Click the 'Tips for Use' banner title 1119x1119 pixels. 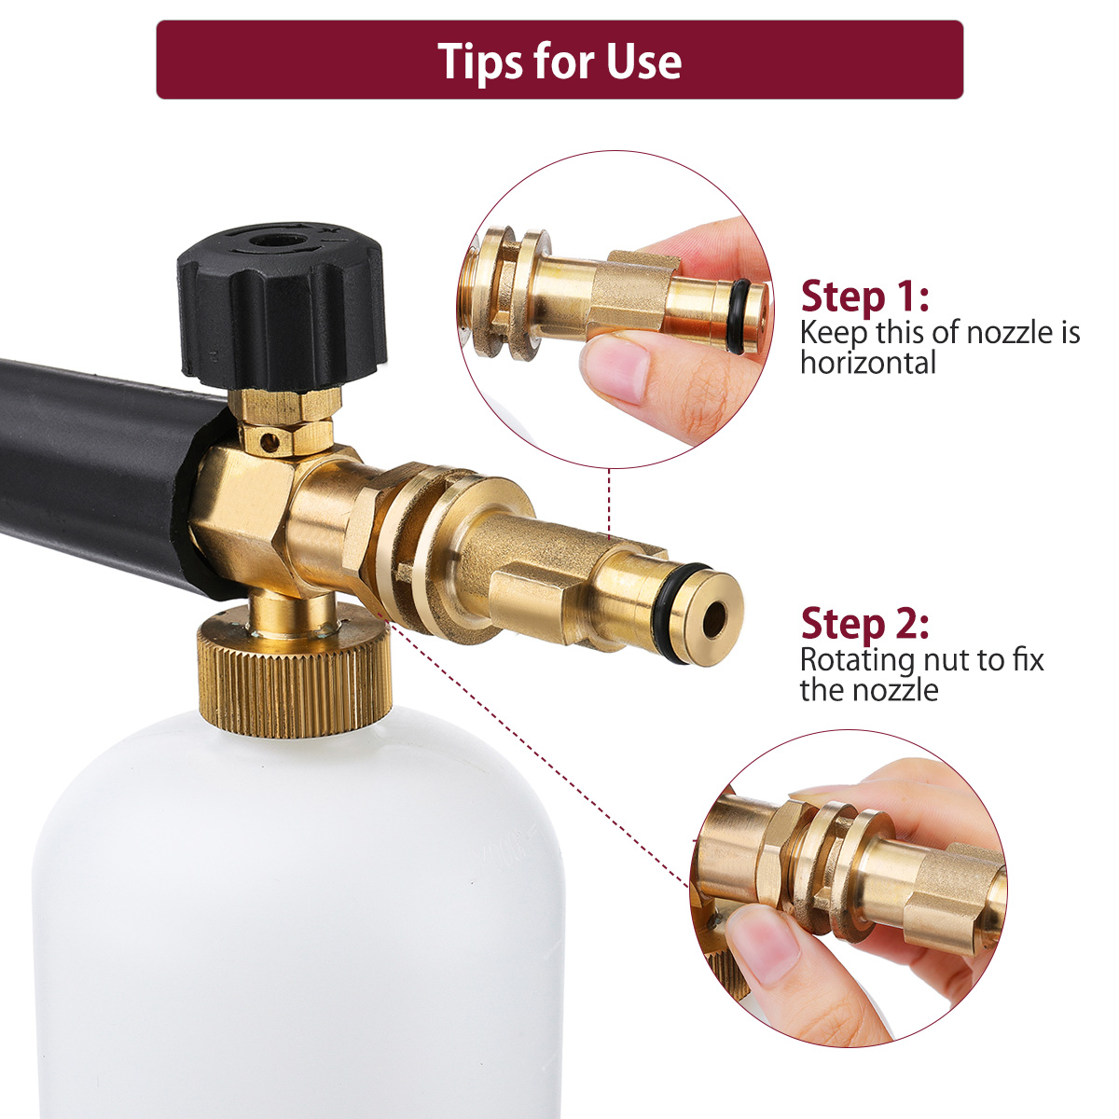point(559,61)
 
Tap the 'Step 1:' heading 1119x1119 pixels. point(864,297)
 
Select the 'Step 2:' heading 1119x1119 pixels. point(864,624)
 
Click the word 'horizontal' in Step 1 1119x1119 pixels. point(868,363)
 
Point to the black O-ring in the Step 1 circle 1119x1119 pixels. point(738,316)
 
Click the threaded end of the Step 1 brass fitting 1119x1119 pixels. point(477,293)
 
